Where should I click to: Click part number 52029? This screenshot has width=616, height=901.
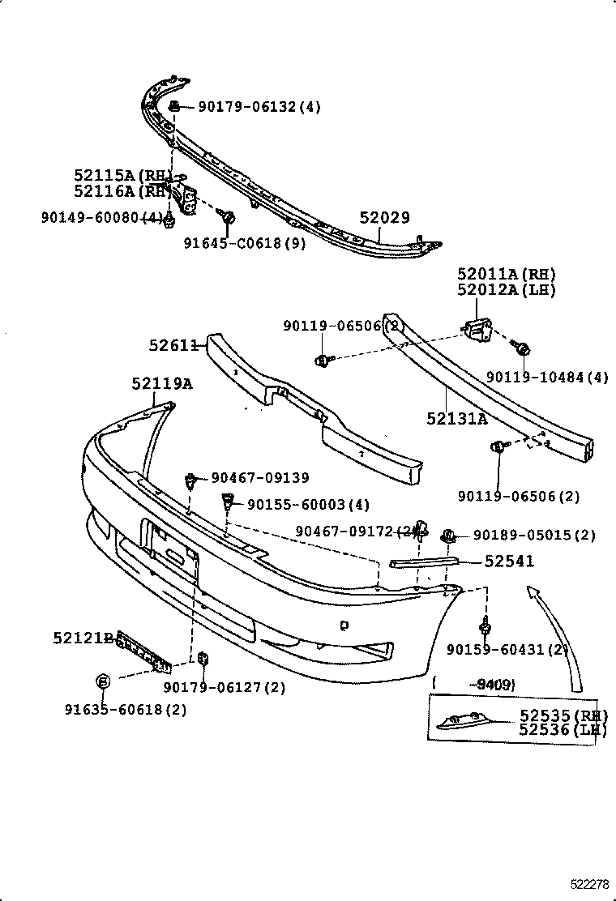(x=384, y=218)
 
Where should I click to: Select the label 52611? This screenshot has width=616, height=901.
(x=173, y=345)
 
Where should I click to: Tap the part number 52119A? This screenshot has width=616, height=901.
(x=162, y=384)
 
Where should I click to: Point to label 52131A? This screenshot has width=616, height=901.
(x=457, y=418)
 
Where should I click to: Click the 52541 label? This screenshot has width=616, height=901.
(x=509, y=561)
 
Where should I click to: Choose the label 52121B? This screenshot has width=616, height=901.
(x=83, y=638)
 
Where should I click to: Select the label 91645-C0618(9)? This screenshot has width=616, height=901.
(x=244, y=243)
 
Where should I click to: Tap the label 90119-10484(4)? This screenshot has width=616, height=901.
(x=547, y=378)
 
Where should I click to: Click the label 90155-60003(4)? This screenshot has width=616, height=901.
(x=308, y=505)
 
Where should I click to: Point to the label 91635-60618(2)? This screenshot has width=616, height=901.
(x=126, y=710)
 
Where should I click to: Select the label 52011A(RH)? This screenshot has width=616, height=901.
(x=507, y=274)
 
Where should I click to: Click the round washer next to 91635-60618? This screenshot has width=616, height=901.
(x=104, y=681)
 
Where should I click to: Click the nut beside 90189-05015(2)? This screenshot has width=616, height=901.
(x=447, y=536)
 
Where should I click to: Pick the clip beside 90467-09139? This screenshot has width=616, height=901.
(x=192, y=481)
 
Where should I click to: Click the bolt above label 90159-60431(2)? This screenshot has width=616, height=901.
(x=485, y=626)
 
